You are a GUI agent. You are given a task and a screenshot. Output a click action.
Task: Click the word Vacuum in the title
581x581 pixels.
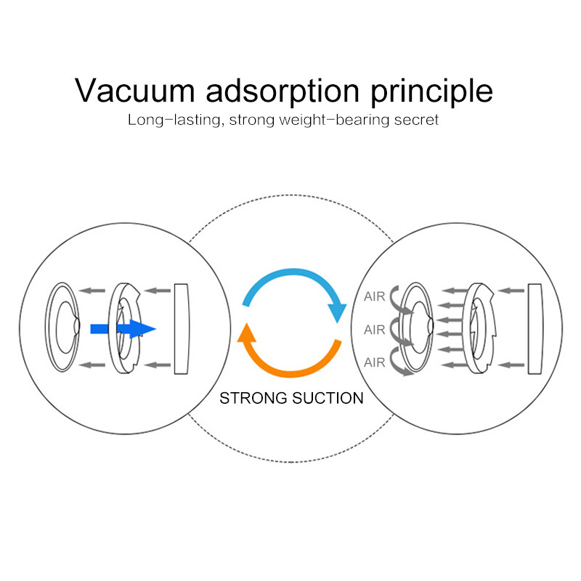click(134, 90)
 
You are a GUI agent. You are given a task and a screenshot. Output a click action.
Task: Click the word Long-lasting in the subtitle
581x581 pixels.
click(176, 121)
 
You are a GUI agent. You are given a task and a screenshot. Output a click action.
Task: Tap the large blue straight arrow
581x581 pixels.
click(123, 329)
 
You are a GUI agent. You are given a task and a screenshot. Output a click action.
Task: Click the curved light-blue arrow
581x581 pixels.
click(295, 293)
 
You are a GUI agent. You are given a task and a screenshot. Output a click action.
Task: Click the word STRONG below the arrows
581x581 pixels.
click(253, 398)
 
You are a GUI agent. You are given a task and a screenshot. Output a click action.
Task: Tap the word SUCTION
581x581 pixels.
click(328, 398)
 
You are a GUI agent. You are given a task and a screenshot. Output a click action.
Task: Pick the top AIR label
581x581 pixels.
click(374, 296)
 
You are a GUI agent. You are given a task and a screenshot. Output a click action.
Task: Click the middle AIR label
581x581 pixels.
click(374, 330)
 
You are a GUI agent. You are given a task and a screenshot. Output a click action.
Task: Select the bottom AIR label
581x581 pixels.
click(374, 362)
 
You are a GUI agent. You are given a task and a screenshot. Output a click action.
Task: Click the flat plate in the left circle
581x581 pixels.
click(182, 329)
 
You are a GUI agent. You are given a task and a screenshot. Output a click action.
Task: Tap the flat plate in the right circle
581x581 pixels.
click(535, 329)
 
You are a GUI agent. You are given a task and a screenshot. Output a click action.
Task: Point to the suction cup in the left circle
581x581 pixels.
click(62, 327)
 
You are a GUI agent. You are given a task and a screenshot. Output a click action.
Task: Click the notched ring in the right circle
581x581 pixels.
click(479, 328)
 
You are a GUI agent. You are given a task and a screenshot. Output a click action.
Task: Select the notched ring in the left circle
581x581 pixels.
click(124, 328)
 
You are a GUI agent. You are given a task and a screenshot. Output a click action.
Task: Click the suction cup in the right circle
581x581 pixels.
click(417, 327)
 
